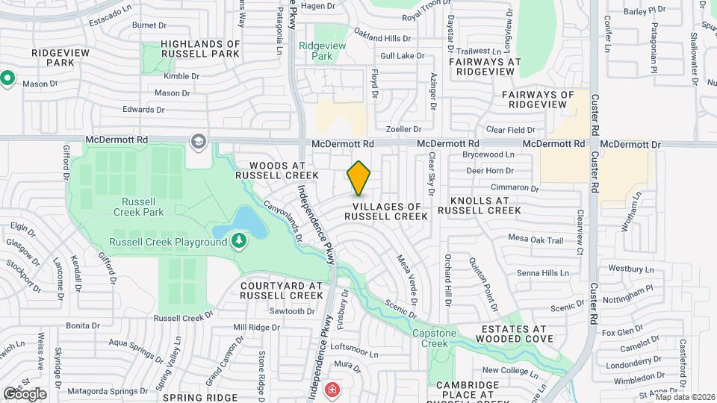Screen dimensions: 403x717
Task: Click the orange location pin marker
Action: click(x=359, y=178)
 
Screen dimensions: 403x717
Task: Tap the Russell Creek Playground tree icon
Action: click(x=238, y=241)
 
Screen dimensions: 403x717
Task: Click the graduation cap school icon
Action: click(x=198, y=141)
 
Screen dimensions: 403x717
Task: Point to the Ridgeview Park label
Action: click(x=323, y=51)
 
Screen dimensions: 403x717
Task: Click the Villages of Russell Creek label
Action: click(x=386, y=211)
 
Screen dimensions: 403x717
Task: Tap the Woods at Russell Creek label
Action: click(x=277, y=170)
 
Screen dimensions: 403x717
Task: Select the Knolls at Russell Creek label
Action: click(x=479, y=205)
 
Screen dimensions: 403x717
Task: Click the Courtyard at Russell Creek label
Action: click(x=281, y=290)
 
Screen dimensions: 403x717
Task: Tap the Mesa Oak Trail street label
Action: click(x=536, y=240)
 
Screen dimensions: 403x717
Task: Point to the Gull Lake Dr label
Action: click(x=402, y=56)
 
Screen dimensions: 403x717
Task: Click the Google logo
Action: click(x=25, y=394)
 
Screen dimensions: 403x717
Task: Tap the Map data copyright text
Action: click(x=685, y=397)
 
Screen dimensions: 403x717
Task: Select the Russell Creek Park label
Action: click(x=138, y=207)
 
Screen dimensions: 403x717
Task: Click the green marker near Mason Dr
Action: click(x=8, y=78)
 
